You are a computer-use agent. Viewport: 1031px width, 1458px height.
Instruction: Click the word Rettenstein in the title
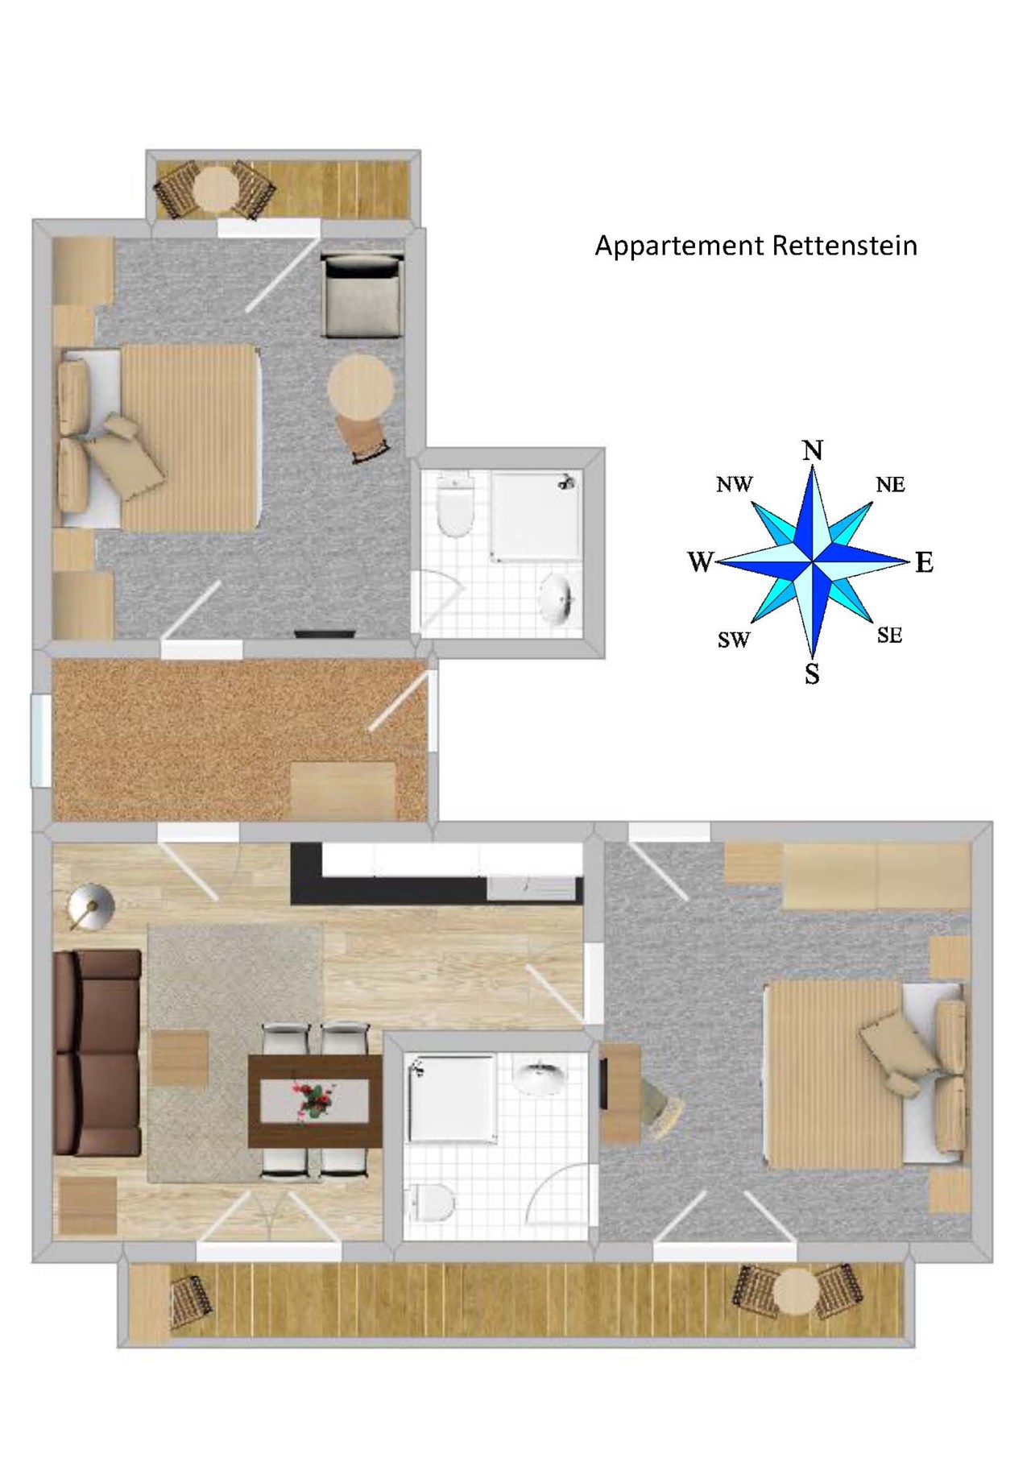[844, 245]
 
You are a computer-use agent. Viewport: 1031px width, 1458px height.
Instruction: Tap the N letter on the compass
[813, 449]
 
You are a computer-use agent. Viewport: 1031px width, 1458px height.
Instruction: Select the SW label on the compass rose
[733, 640]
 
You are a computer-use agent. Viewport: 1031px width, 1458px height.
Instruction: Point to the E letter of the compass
[924, 562]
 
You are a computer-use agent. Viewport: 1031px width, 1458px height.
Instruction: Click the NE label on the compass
[890, 484]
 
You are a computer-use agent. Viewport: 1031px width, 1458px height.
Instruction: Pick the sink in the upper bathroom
[557, 597]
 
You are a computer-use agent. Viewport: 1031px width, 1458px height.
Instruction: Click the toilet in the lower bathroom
[432, 1204]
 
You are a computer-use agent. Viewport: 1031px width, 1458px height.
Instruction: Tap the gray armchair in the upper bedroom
[362, 295]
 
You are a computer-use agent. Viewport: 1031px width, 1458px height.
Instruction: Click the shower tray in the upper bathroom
[536, 516]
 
